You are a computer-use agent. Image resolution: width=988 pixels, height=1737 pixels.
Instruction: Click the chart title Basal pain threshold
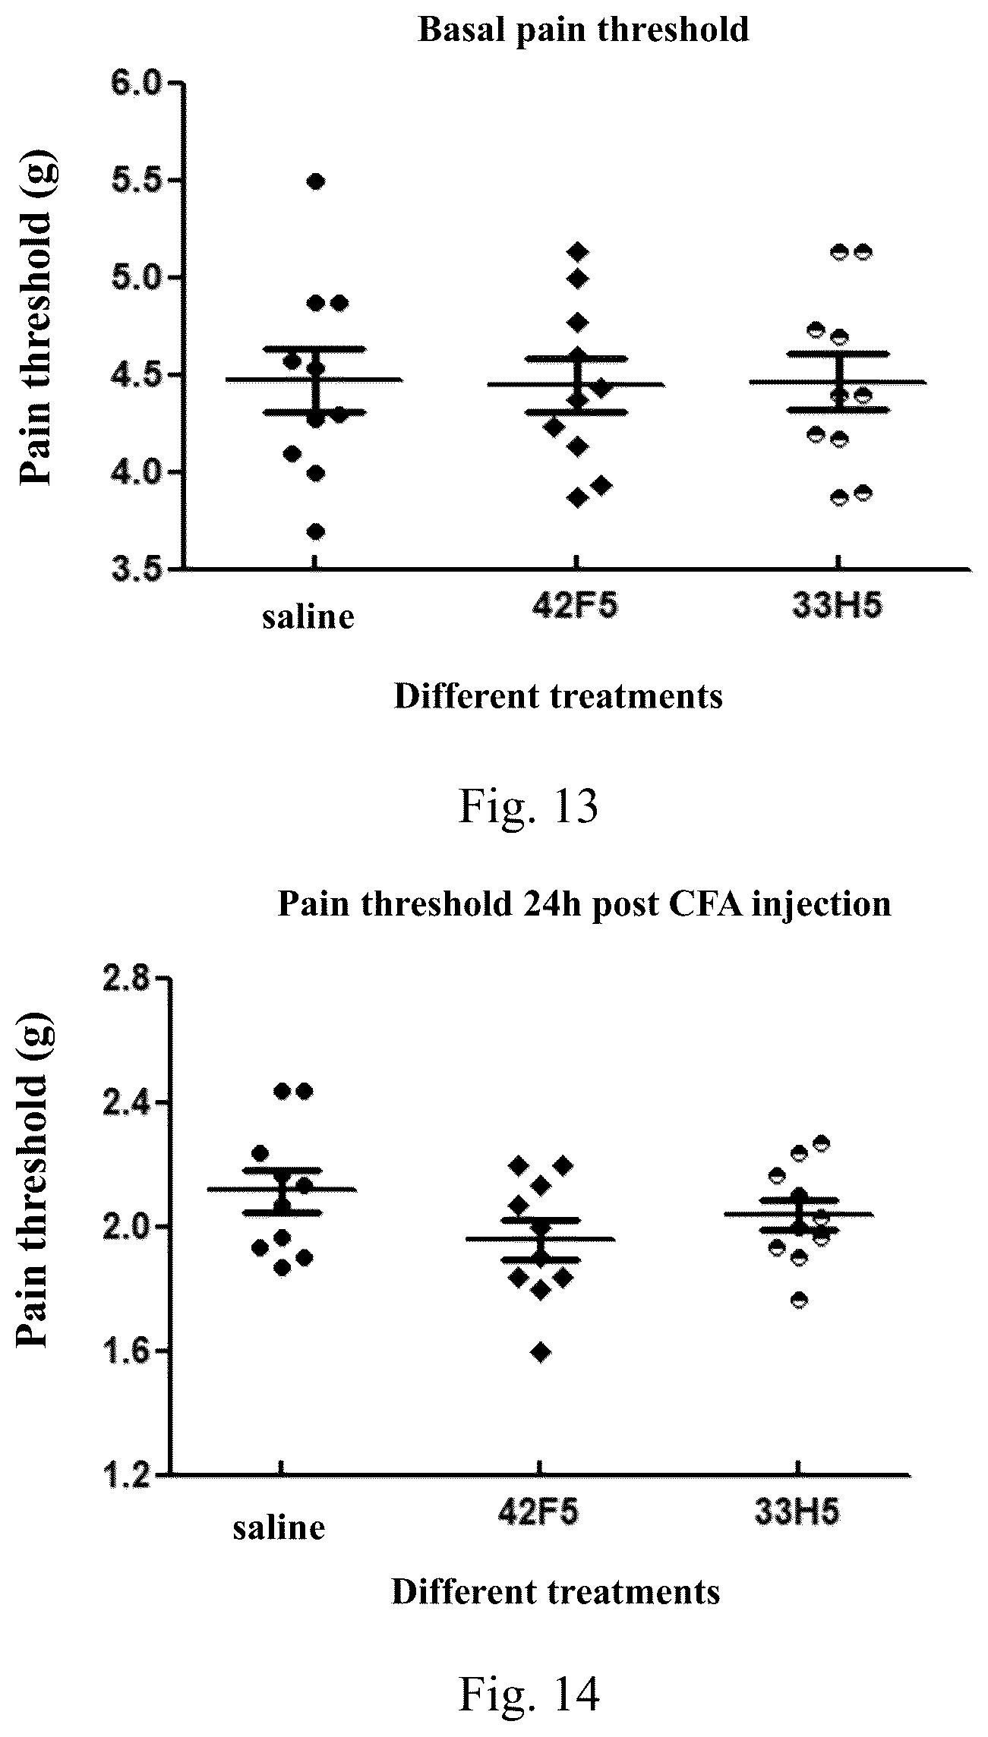[583, 30]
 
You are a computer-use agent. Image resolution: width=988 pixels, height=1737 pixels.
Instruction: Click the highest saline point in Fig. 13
[316, 181]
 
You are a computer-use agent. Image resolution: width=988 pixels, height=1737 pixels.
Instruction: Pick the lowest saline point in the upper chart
[316, 531]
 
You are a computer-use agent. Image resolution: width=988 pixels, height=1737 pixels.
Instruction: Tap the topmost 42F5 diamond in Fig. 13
[579, 251]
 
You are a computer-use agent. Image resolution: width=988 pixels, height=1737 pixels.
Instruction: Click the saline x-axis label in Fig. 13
[308, 616]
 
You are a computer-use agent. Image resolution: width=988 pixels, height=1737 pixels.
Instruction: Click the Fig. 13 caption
[529, 808]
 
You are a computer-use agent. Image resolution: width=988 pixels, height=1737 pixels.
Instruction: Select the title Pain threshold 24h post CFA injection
[584, 904]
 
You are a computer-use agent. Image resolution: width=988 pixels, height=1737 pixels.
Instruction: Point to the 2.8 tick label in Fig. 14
[128, 979]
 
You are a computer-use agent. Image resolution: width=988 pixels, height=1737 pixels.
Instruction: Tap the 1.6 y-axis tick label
[128, 1351]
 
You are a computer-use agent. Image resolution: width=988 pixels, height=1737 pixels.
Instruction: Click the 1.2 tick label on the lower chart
[128, 1475]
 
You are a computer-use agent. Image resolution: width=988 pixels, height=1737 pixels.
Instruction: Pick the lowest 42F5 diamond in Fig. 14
[541, 1352]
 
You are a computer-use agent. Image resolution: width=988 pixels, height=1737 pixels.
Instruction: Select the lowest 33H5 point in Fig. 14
[799, 1300]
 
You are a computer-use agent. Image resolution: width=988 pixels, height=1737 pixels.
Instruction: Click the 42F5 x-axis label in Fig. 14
[538, 1513]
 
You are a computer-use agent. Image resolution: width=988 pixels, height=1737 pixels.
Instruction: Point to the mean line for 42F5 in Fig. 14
[541, 1239]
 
